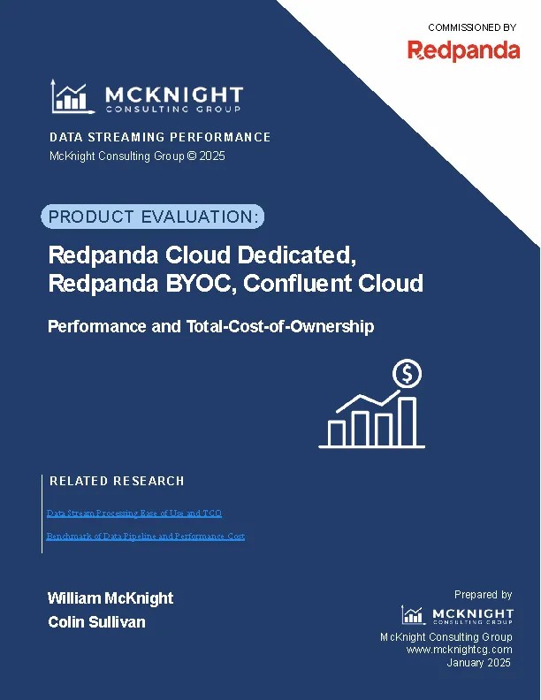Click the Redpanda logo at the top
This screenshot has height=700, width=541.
pyautogui.click(x=463, y=50)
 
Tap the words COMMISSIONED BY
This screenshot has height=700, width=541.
pyautogui.click(x=471, y=27)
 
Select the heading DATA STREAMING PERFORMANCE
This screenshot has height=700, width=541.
pyautogui.click(x=159, y=137)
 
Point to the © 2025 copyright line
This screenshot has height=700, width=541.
pyautogui.click(x=137, y=156)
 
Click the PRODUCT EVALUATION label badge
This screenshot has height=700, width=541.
pyautogui.click(x=153, y=217)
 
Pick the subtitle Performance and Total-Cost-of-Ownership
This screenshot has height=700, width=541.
pyautogui.click(x=210, y=326)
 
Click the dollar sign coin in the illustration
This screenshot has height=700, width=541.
pyautogui.click(x=408, y=374)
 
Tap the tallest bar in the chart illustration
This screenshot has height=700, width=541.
pyautogui.click(x=408, y=422)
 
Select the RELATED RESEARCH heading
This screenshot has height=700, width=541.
pyautogui.click(x=117, y=481)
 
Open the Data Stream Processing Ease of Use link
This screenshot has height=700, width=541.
pyautogui.click(x=133, y=513)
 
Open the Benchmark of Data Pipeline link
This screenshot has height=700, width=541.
pyautogui.click(x=145, y=536)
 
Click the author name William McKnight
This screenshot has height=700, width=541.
pyautogui.click(x=110, y=598)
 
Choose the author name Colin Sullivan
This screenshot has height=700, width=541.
pyautogui.click(x=96, y=622)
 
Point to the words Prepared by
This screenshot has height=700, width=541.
pyautogui.click(x=483, y=595)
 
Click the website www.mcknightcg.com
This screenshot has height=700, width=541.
pyautogui.click(x=459, y=650)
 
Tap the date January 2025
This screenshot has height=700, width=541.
pyautogui.click(x=479, y=662)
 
